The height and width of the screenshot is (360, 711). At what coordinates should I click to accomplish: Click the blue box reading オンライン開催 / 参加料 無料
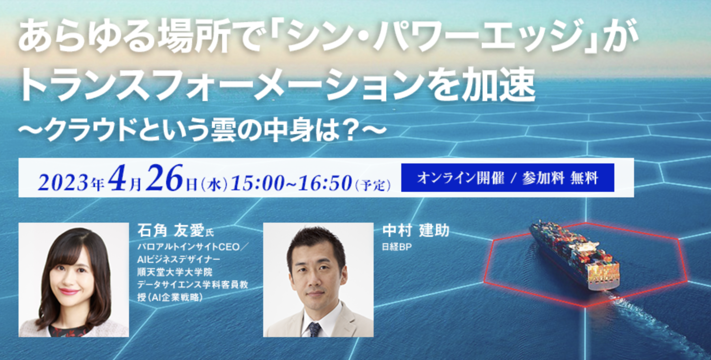coord(507,178)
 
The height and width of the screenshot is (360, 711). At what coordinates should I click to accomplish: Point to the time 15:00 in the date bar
coord(257,183)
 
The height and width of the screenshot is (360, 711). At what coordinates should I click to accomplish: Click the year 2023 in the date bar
coord(63,183)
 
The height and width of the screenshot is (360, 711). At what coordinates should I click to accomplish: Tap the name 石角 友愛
coord(171,230)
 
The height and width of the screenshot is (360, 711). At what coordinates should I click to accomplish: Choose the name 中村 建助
coord(416,230)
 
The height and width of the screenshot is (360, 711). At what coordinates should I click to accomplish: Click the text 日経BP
coord(397,247)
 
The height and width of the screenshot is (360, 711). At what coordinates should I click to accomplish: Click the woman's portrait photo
coord(74,280)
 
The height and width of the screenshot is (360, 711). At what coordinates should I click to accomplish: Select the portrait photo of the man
coord(318,280)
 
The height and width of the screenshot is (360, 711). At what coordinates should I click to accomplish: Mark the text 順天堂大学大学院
coord(175,272)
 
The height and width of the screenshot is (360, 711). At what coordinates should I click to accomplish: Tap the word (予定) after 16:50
coord(373,184)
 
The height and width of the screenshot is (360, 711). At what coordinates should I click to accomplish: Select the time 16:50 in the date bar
coord(325,183)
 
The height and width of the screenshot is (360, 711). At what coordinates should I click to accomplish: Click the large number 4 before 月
coord(117,178)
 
